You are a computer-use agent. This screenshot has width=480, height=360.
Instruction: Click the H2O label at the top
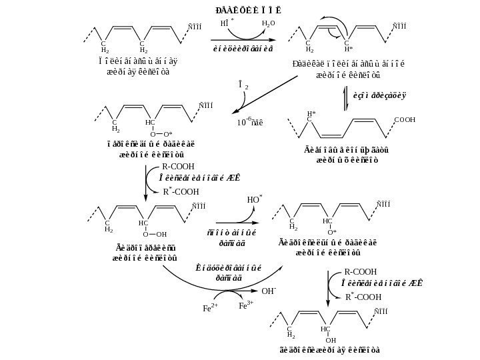coord(268,23)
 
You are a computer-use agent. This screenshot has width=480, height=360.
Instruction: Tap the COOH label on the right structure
coord(405,120)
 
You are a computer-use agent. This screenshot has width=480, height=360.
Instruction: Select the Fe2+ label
coord(211,309)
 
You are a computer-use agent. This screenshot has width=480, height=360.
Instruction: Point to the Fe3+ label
coord(246,305)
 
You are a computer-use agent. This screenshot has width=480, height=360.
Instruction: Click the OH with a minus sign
coord(269,291)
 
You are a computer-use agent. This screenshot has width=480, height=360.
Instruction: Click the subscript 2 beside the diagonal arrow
coord(247,87)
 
